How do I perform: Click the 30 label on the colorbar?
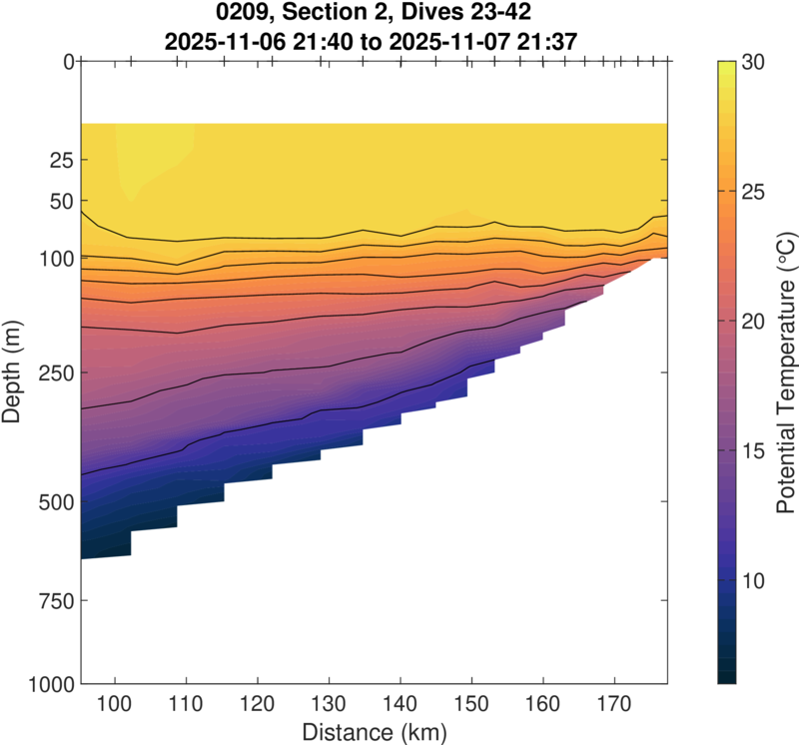point(754,62)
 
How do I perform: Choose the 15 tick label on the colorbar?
point(754,451)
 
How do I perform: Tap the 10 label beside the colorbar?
point(754,581)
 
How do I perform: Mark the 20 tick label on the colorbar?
point(754,322)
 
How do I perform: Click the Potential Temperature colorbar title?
point(785,372)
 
